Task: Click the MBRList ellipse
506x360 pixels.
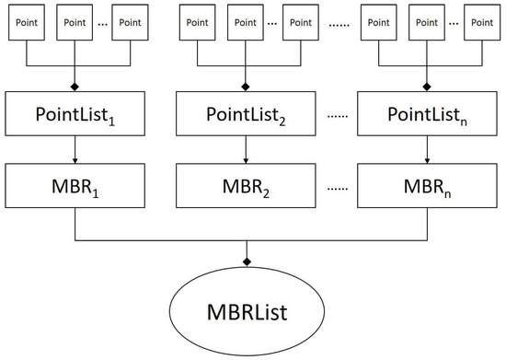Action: click(251, 310)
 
